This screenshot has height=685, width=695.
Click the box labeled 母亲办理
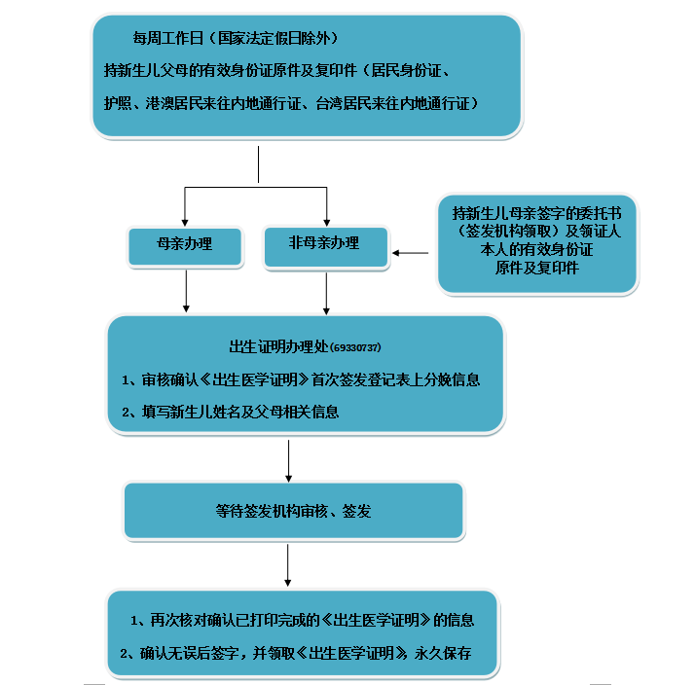[x=184, y=245]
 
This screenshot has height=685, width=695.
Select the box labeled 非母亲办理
[x=325, y=244]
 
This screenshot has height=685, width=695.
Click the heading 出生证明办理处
[x=278, y=347]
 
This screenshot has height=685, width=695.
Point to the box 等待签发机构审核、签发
[x=293, y=510]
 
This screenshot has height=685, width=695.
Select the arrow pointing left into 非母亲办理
[x=411, y=253]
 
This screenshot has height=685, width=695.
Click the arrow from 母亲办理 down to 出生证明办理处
[x=186, y=290]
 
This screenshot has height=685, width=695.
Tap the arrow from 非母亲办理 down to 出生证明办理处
[x=327, y=290]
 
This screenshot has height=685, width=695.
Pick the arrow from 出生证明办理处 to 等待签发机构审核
[x=289, y=460]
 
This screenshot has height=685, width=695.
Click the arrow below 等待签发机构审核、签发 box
[x=289, y=564]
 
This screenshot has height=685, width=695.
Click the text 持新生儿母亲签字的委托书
[x=537, y=212]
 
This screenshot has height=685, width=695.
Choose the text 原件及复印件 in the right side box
[x=536, y=268]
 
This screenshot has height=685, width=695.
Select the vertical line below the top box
[x=258, y=164]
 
